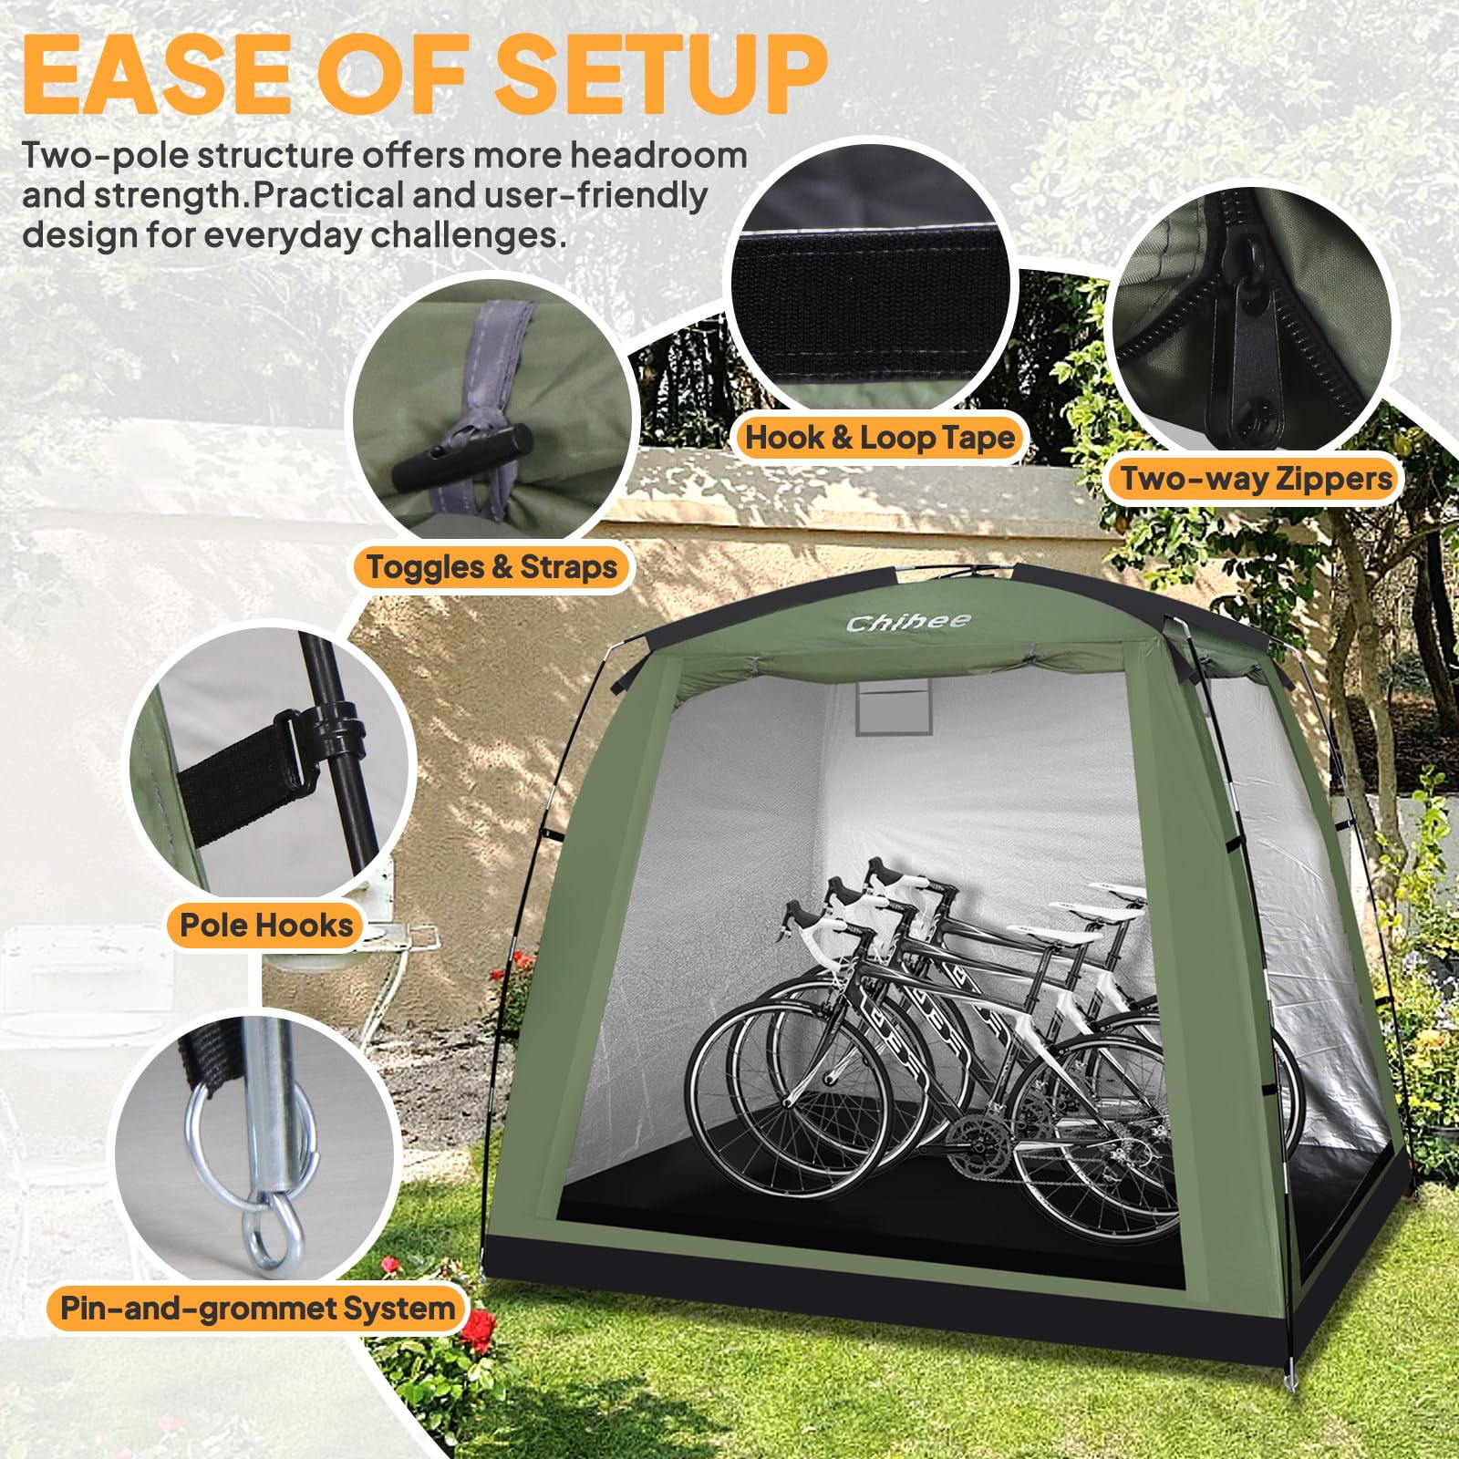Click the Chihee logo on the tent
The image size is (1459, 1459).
908,623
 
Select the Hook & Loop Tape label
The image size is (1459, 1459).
880,438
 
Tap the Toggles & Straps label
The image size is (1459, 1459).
492,567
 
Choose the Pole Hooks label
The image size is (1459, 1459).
266,926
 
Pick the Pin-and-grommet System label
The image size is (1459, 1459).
257,1309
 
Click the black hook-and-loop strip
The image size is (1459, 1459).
871,296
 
